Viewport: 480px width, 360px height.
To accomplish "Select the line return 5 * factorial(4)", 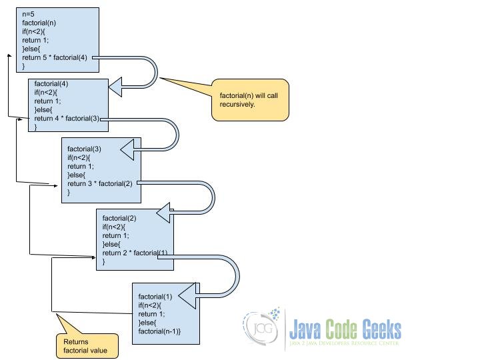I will [x=55, y=57].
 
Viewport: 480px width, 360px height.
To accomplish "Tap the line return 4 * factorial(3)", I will [x=67, y=119].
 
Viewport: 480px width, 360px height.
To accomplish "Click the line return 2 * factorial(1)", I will [x=135, y=253].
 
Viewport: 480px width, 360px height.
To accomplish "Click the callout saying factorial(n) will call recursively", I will [x=250, y=100].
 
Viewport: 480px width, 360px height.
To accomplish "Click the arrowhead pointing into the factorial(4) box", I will [x=116, y=85].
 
